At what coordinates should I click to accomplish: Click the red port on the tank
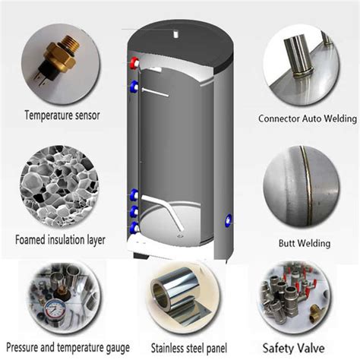pos(134,63)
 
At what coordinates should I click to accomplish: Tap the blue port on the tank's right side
pos(228,220)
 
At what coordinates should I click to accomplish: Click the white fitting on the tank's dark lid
pos(176,33)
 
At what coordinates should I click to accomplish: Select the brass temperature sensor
pos(59,59)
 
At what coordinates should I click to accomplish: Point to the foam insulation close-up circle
pos(59,186)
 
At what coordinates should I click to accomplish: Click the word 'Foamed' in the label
pos(30,239)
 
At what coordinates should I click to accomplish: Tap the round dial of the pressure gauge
pos(55,310)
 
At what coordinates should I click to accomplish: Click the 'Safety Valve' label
pos(293,348)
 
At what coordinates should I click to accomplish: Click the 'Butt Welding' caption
pos(305,243)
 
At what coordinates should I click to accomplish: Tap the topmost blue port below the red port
pos(134,87)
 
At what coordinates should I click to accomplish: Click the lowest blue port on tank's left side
pos(134,228)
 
